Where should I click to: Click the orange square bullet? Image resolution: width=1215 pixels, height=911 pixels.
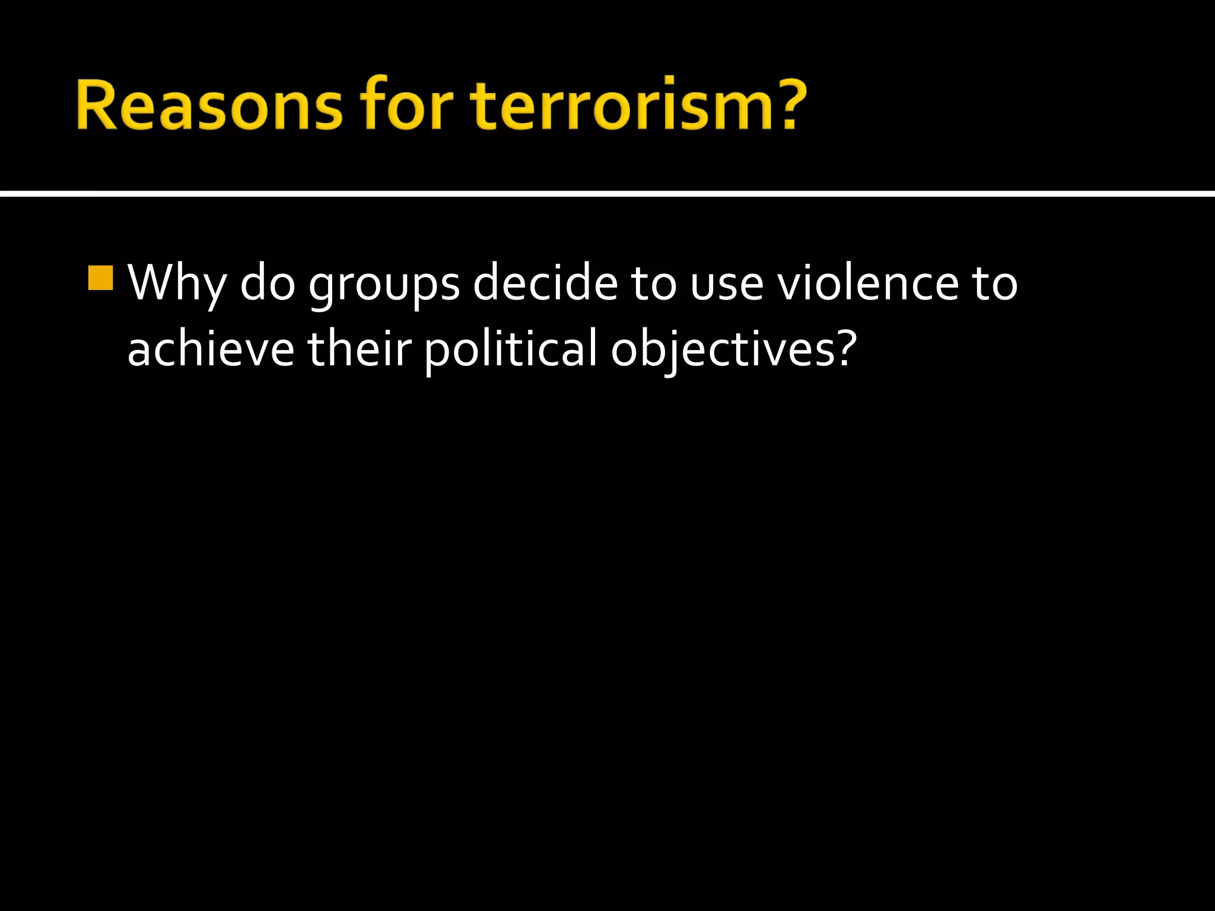pyautogui.click(x=100, y=278)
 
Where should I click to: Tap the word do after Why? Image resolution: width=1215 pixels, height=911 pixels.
pyautogui.click(x=267, y=282)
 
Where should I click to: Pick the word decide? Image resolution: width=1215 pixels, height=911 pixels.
pyautogui.click(x=545, y=282)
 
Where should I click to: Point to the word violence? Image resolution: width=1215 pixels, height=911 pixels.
pyautogui.click(x=868, y=282)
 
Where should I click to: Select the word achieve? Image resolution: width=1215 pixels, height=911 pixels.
pyautogui.click(x=211, y=349)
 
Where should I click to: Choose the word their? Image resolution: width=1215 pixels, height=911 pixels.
pyautogui.click(x=359, y=349)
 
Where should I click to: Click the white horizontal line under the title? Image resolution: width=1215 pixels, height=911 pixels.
pyautogui.click(x=607, y=193)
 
